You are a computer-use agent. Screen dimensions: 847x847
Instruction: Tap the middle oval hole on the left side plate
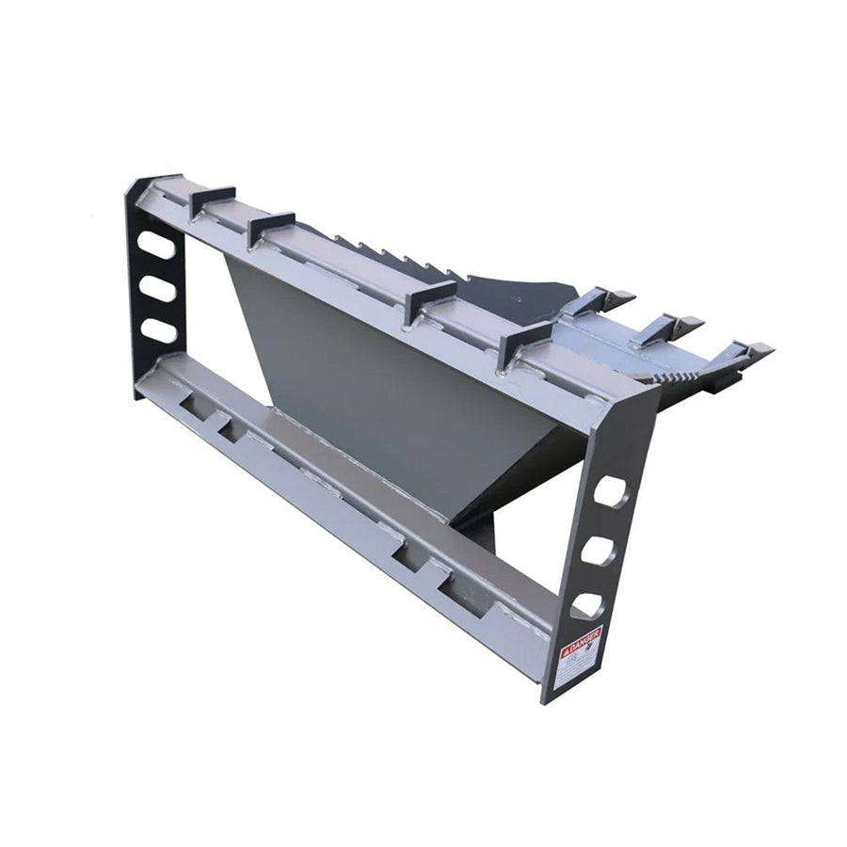pyautogui.click(x=158, y=288)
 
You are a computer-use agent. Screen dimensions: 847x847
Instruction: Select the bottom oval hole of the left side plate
pyautogui.click(x=159, y=330)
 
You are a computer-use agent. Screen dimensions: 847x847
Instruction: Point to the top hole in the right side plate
pyautogui.click(x=610, y=492)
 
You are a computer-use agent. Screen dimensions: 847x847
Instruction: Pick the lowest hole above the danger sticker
pyautogui.click(x=587, y=605)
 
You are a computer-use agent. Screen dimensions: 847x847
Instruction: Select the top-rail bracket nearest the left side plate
pyautogui.click(x=212, y=200)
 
